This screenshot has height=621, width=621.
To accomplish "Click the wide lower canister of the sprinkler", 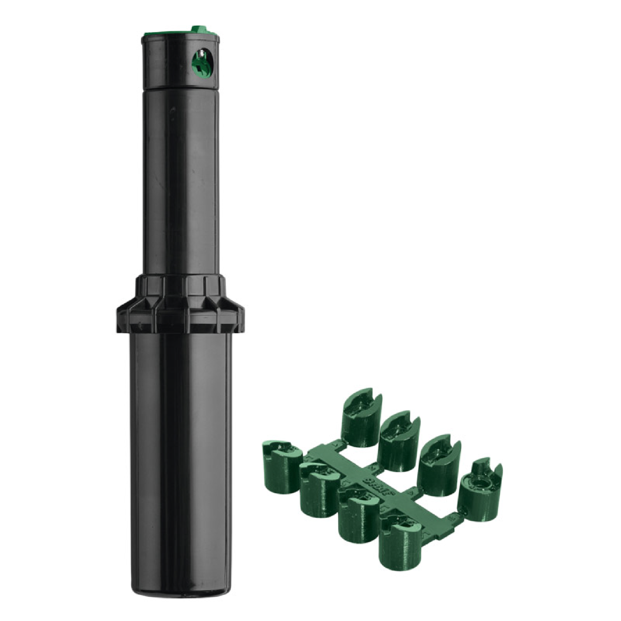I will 180,451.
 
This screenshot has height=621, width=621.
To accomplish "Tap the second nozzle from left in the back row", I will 400,438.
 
